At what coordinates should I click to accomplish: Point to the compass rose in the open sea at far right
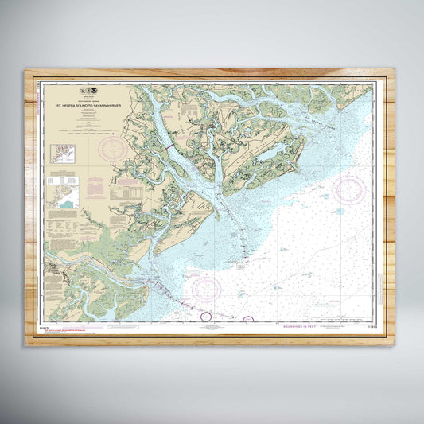click(x=349, y=189)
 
